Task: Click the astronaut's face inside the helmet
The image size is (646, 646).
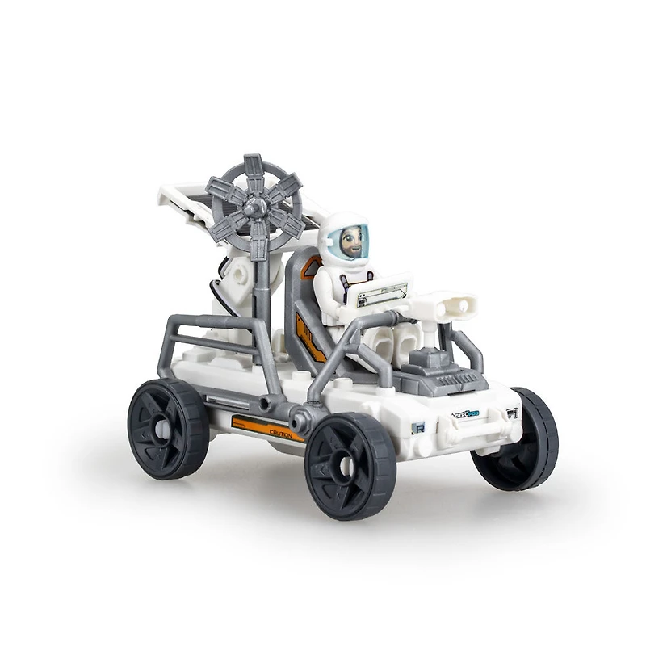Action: pos(351,241)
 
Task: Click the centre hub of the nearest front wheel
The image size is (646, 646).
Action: pos(347,467)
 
